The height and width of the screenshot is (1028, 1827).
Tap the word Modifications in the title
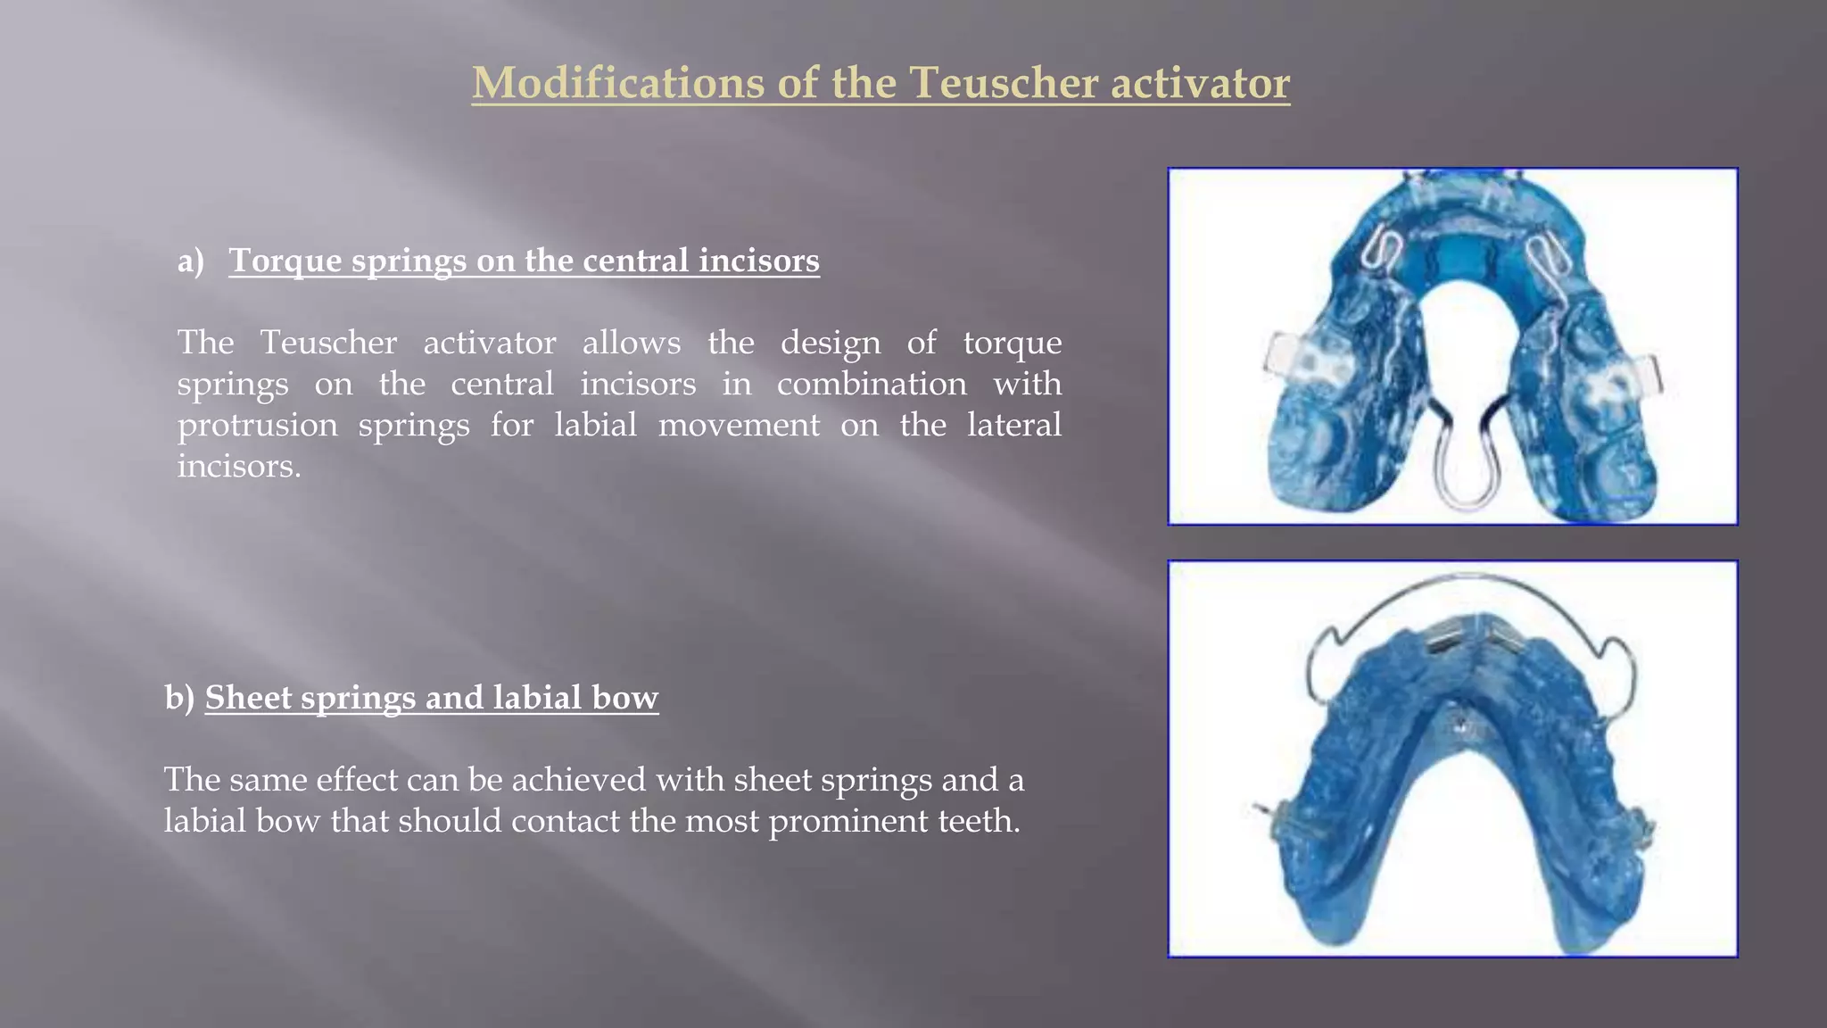click(x=616, y=83)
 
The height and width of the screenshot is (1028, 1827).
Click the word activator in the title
click(x=1200, y=83)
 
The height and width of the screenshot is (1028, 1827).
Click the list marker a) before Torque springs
click(x=191, y=261)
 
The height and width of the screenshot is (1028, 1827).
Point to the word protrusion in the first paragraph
click(x=257, y=425)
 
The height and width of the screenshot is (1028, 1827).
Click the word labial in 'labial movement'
click(x=595, y=425)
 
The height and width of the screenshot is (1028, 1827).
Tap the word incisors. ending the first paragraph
click(x=238, y=466)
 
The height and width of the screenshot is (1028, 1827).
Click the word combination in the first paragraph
click(x=871, y=384)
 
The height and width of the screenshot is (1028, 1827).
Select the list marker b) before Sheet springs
click(x=179, y=698)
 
